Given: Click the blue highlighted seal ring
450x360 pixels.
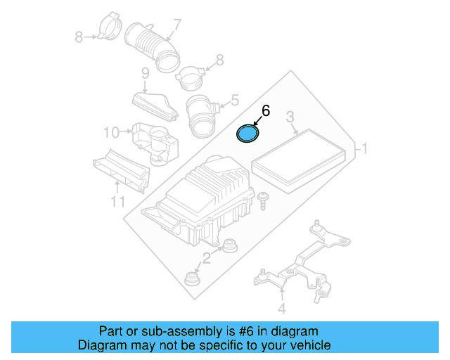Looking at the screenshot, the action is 247,134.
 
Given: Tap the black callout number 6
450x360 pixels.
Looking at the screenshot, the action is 266,111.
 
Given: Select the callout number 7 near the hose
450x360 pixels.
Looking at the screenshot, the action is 176,25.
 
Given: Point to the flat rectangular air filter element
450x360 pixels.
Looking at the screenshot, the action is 300,161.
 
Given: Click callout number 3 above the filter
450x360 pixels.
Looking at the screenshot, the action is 290,117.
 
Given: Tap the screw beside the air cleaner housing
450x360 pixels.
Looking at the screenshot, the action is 263,201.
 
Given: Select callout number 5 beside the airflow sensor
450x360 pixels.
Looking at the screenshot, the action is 235,100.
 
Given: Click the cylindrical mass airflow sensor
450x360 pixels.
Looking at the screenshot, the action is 202,116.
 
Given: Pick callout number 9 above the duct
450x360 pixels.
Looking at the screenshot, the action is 146,74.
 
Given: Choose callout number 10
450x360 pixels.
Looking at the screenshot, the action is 111,133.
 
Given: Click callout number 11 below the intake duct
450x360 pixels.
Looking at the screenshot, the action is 117,202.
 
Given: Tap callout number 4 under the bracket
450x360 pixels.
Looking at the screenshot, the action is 282,309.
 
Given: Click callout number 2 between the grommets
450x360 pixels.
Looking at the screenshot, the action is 207,258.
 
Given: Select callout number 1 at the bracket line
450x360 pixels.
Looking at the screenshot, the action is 364,148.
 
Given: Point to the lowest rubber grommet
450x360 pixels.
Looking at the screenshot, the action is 191,278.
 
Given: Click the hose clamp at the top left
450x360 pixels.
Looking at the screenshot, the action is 110,27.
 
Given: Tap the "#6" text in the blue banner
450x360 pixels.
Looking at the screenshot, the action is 246,331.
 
